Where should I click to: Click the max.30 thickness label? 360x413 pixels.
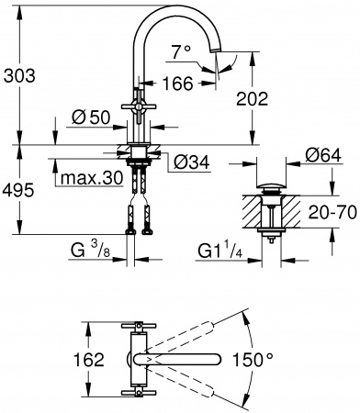click(x=90, y=177)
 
